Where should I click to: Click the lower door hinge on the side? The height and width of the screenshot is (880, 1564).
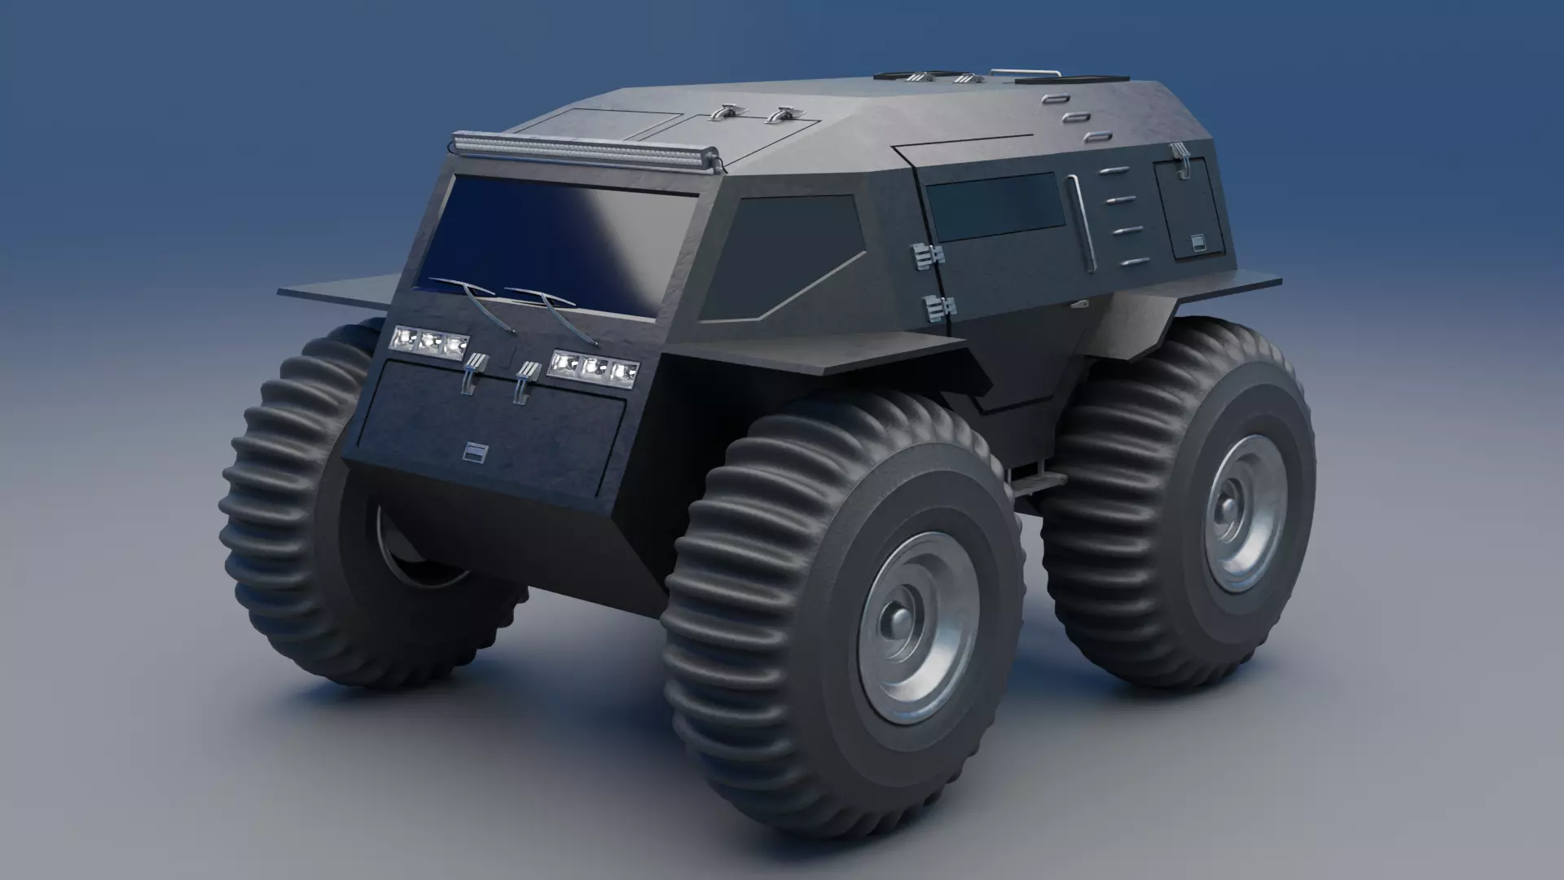[939, 308]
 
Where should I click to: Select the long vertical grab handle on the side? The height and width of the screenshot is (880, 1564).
[1082, 224]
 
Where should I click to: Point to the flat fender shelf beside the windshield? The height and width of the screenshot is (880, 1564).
[342, 287]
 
